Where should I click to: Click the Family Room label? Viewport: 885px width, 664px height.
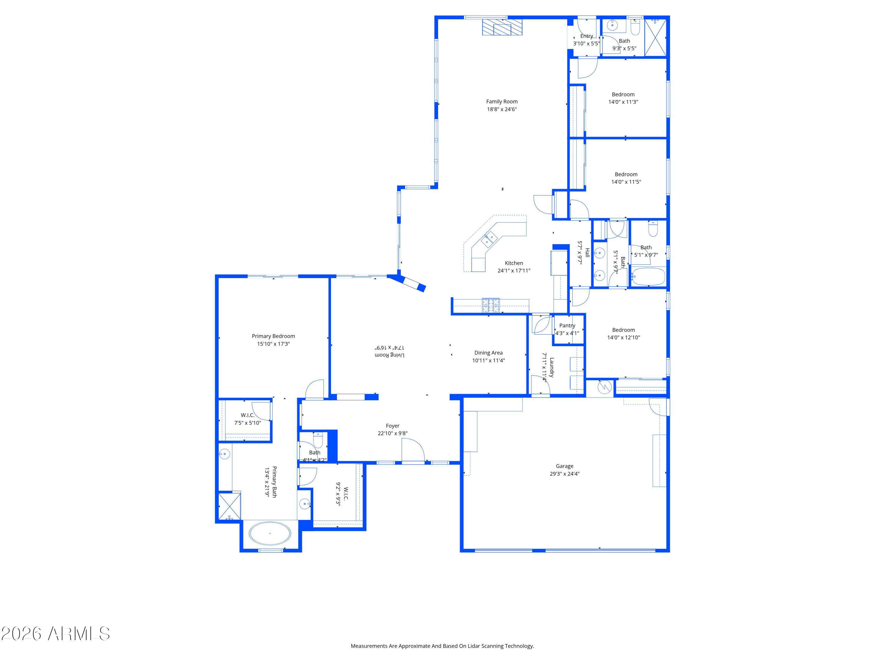(x=502, y=102)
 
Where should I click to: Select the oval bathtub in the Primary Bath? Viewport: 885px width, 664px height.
(x=270, y=534)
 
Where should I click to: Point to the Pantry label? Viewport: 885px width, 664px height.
(x=567, y=326)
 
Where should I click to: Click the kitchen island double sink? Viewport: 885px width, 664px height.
(x=489, y=239)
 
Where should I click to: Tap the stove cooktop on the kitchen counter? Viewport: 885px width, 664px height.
(x=491, y=305)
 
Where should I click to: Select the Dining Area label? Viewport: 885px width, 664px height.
(x=488, y=353)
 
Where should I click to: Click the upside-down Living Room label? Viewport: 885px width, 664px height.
(x=389, y=355)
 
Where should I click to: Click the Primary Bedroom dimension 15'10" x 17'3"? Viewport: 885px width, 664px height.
(x=273, y=344)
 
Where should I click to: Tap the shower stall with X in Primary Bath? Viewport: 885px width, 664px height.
(x=230, y=506)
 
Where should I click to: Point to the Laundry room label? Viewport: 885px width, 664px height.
(x=552, y=367)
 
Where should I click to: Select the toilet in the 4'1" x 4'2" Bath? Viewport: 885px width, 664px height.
(x=318, y=440)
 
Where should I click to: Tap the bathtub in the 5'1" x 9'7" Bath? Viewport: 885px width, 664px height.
(x=648, y=276)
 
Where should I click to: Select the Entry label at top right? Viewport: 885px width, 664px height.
(x=586, y=36)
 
